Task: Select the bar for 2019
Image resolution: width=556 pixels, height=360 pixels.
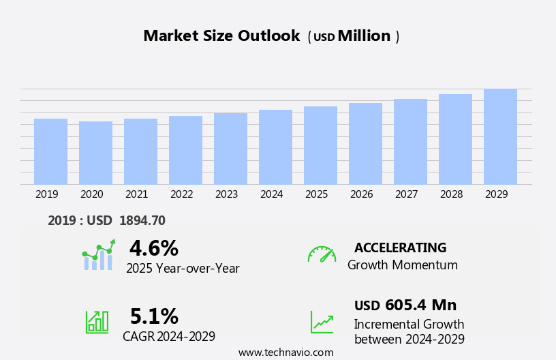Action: click(x=50, y=151)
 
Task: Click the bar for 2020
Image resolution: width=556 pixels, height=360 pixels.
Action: click(x=95, y=153)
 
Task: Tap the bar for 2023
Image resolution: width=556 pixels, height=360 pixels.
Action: click(x=230, y=149)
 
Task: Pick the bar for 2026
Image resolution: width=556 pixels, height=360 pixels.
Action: click(x=365, y=144)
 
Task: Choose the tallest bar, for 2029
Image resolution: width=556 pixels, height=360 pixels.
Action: click(x=500, y=136)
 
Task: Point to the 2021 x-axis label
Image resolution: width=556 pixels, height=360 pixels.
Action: click(x=136, y=194)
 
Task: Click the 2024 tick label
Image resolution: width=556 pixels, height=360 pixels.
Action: click(x=271, y=194)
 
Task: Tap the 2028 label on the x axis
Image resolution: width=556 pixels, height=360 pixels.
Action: click(x=451, y=194)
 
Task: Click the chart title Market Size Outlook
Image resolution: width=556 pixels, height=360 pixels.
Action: click(x=221, y=36)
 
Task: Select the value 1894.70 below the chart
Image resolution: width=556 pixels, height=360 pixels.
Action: click(x=142, y=220)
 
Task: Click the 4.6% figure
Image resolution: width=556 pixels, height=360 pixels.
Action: click(x=153, y=248)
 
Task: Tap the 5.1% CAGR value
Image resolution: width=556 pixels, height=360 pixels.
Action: click(x=154, y=316)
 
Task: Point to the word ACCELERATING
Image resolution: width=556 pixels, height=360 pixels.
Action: click(x=400, y=247)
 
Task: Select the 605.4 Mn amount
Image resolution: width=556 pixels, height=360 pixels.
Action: click(x=420, y=305)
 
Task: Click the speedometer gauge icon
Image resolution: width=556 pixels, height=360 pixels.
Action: click(x=322, y=254)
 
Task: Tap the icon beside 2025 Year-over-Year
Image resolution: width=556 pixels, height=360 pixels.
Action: click(x=99, y=255)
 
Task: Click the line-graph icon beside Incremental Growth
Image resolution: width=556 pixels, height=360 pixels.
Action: click(x=322, y=322)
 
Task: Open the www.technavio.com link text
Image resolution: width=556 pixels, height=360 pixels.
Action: click(x=285, y=352)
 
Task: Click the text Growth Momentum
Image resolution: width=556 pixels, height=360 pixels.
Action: click(x=402, y=265)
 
